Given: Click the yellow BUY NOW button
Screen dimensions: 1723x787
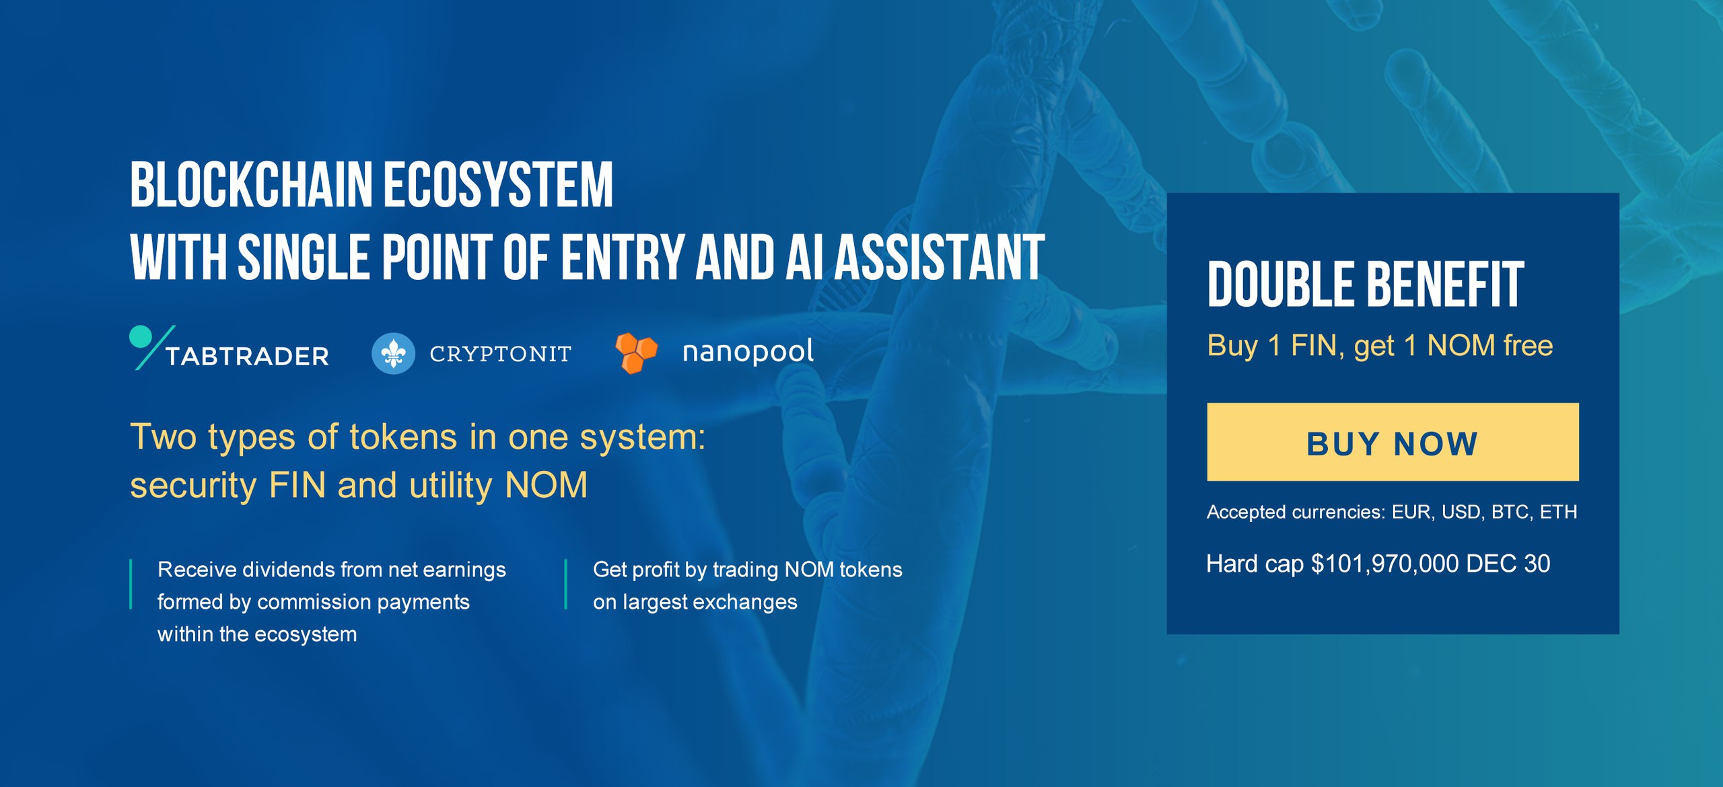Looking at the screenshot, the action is (x=1393, y=442).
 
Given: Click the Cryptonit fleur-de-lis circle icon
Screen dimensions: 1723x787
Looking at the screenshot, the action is (x=393, y=353).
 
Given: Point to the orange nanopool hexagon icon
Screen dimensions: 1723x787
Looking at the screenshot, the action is (x=636, y=352).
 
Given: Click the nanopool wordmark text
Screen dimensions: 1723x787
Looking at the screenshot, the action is (x=748, y=352).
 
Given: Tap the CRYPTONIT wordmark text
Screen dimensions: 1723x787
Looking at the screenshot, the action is (x=501, y=354).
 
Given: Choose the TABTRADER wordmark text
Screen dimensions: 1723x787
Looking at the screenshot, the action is (x=248, y=356).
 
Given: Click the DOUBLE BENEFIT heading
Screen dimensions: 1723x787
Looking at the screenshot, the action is (x=1366, y=285).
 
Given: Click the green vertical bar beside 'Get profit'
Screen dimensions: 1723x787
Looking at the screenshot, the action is (x=566, y=584).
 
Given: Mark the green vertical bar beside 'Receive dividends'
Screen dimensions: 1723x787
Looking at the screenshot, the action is (x=131, y=584).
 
